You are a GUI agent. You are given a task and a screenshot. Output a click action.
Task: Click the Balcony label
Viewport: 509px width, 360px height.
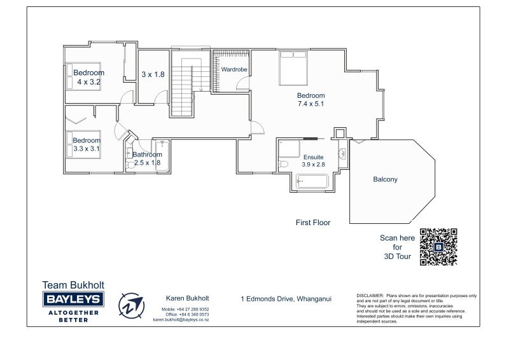(x=385, y=179)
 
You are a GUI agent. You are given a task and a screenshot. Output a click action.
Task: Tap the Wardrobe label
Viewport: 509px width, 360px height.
(x=234, y=69)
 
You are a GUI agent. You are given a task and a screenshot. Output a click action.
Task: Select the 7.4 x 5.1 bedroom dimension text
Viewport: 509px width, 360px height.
(x=311, y=104)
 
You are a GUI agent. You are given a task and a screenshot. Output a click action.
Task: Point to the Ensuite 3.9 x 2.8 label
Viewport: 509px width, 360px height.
(x=313, y=160)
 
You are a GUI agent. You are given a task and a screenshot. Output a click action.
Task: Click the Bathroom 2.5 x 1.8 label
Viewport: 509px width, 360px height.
(x=147, y=158)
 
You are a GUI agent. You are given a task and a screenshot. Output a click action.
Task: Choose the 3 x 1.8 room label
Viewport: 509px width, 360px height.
(x=153, y=74)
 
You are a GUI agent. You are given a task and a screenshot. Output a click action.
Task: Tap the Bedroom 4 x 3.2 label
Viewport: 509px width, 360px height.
(x=89, y=77)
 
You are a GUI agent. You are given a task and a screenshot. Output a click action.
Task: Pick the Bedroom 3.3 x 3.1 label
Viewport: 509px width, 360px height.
(x=87, y=144)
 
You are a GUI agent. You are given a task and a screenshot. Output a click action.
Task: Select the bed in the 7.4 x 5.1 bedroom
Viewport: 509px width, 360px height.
(x=293, y=68)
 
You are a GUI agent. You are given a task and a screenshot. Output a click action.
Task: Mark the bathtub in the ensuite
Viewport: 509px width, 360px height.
(x=311, y=182)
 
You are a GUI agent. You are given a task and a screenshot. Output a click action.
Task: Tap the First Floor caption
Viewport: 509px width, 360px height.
(x=313, y=223)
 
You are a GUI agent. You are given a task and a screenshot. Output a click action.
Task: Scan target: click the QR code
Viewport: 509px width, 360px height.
(x=439, y=247)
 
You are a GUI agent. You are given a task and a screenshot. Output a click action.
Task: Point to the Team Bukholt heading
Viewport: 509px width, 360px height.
(x=73, y=285)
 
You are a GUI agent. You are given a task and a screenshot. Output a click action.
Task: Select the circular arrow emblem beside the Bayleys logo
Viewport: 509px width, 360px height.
(x=132, y=305)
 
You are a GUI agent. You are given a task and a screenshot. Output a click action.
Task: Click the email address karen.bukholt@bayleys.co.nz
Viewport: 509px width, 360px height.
(x=181, y=320)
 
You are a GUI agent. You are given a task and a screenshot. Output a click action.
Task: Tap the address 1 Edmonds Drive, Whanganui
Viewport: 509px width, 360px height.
(x=286, y=298)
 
